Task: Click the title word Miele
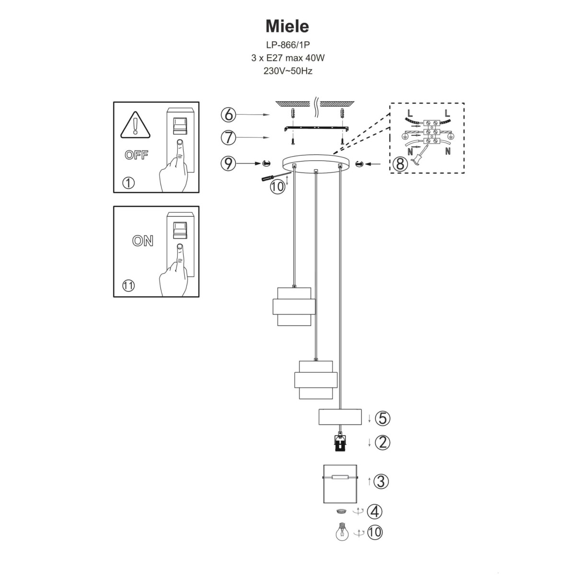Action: click(287, 25)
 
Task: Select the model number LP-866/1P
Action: click(287, 45)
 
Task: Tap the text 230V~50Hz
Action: click(287, 71)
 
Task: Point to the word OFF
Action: click(137, 155)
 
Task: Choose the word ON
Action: click(143, 241)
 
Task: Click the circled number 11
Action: click(128, 286)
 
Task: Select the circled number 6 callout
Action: click(229, 115)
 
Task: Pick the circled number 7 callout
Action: click(229, 138)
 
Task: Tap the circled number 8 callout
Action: click(400, 164)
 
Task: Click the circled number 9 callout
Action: click(229, 163)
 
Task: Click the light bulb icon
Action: click(342, 532)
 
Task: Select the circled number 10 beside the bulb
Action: click(375, 532)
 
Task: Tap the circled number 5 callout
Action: click(382, 418)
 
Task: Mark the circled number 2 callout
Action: click(382, 442)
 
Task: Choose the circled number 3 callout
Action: click(380, 481)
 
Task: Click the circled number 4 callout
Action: click(375, 511)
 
